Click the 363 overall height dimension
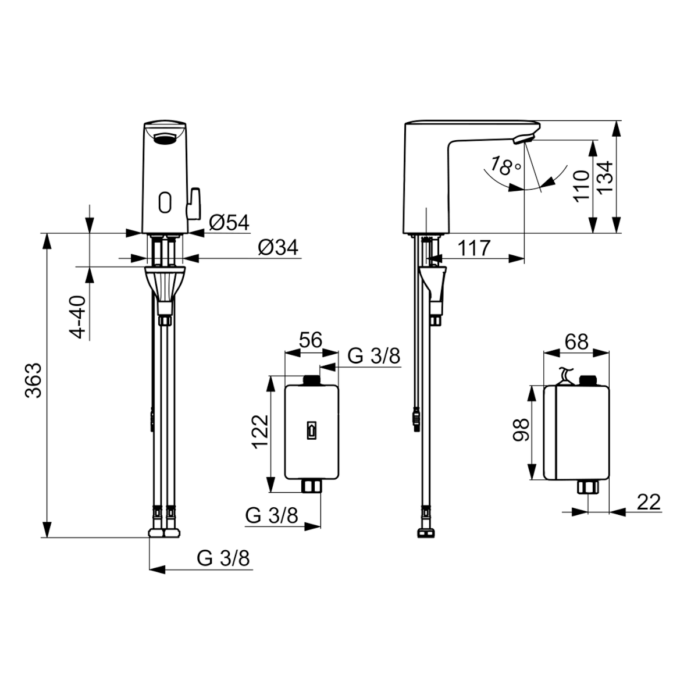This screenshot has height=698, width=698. (x=34, y=380)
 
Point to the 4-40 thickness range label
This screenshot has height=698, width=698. (x=77, y=318)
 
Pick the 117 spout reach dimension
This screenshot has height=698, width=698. (x=474, y=248)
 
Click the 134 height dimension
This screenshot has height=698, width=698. (x=604, y=177)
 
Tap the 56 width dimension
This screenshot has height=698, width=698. (x=311, y=340)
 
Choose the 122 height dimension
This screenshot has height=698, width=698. (x=261, y=432)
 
